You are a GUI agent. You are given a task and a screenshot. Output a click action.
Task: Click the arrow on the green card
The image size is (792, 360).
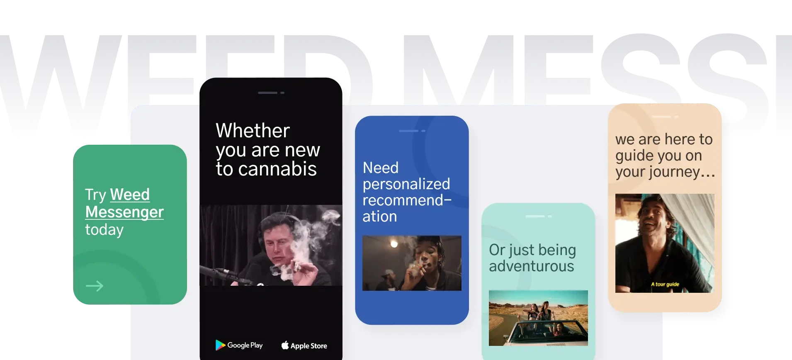94,286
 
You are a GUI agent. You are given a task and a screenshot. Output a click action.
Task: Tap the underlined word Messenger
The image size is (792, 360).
124,212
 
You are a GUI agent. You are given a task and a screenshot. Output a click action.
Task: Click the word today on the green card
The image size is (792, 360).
104,230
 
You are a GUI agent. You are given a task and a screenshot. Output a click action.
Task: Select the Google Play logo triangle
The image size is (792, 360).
220,345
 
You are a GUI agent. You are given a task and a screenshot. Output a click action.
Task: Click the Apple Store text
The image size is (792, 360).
309,346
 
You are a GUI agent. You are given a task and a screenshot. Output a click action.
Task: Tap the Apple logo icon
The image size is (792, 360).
285,345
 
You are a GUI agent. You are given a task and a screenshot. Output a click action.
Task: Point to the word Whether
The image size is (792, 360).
253,131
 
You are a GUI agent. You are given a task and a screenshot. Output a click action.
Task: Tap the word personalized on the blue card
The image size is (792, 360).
406,184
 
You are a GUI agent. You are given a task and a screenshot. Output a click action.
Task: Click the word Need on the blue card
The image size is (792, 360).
380,168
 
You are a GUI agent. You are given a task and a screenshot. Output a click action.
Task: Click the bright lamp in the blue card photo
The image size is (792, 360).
394,244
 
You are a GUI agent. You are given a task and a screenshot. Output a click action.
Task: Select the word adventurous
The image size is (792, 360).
531,266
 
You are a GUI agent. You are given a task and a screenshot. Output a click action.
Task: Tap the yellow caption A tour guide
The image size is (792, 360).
665,284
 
